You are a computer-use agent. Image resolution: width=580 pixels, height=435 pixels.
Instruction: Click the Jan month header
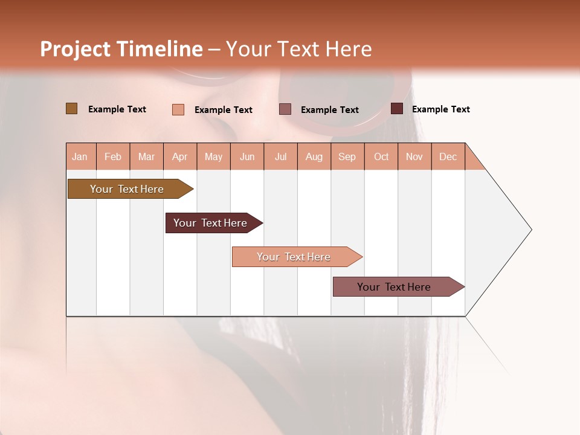(x=80, y=156)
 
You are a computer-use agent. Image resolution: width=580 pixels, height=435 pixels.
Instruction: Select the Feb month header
(x=113, y=156)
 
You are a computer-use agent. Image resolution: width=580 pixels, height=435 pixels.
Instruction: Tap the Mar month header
(x=146, y=156)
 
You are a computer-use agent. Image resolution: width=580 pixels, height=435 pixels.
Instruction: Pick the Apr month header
(x=180, y=156)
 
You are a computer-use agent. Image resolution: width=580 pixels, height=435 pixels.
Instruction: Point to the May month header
(x=213, y=156)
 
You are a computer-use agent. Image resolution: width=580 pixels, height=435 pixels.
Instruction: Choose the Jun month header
(x=247, y=156)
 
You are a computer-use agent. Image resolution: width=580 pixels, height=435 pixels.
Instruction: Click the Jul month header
(x=280, y=156)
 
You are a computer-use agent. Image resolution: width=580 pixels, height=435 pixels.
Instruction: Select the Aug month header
(x=314, y=156)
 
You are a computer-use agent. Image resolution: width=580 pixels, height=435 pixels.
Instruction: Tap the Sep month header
(x=347, y=156)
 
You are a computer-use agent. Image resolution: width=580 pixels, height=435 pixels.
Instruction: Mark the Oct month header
(x=381, y=156)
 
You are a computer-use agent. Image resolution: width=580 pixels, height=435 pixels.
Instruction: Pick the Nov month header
(x=414, y=156)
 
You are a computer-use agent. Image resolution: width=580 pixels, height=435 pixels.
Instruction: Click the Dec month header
(x=448, y=156)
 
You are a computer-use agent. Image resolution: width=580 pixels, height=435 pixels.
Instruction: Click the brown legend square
(x=72, y=109)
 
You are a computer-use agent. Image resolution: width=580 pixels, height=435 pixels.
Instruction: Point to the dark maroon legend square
(x=397, y=109)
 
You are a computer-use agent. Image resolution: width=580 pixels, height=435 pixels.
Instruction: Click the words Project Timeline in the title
(x=121, y=49)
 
